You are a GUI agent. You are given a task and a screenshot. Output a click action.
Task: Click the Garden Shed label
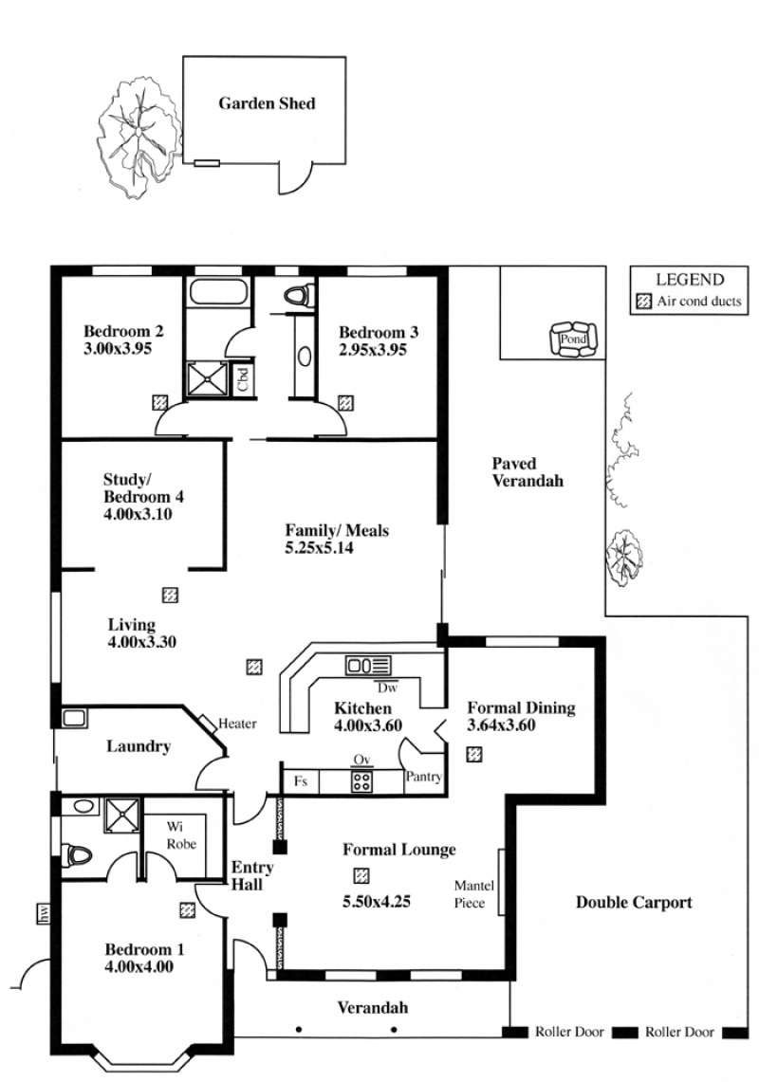(267, 103)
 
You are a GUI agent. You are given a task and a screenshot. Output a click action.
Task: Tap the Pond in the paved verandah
(572, 339)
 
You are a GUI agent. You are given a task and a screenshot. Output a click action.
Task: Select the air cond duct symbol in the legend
(643, 302)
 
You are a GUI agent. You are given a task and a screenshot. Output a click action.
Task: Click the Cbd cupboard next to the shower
(243, 379)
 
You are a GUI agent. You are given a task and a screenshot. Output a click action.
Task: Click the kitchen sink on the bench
(368, 666)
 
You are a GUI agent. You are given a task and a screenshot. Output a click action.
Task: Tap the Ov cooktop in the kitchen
(361, 780)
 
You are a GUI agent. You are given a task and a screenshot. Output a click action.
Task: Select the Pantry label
(423, 777)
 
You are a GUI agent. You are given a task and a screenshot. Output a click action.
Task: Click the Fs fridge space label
(301, 781)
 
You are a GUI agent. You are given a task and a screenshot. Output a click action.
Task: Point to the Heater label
(237, 724)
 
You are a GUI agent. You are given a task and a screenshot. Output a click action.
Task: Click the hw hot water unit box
(44, 914)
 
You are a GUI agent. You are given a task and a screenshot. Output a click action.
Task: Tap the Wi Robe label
(181, 834)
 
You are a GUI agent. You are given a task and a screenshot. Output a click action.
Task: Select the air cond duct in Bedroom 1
(187, 910)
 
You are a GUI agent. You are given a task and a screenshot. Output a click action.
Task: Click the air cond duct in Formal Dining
(473, 754)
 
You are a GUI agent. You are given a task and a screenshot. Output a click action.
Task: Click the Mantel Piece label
(473, 894)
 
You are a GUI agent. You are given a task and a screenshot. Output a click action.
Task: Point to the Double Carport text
(634, 903)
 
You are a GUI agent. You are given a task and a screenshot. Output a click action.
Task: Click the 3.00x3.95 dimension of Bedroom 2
(118, 348)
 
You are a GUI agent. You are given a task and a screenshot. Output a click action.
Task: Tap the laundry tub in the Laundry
(74, 718)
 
